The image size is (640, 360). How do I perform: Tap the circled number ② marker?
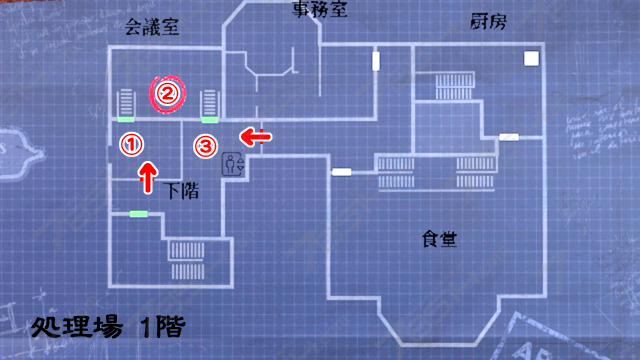click(x=167, y=94)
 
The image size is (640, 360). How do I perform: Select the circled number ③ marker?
click(x=204, y=146)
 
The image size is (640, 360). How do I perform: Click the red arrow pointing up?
click(x=147, y=177)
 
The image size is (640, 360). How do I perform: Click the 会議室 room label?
click(x=153, y=28)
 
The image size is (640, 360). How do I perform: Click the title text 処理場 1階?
click(x=105, y=325)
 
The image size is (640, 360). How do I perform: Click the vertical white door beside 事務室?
click(x=376, y=60)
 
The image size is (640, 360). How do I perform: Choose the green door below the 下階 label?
click(x=138, y=213)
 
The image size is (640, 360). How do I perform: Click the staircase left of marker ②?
click(x=126, y=102)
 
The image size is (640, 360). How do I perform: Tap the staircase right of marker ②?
click(x=209, y=102)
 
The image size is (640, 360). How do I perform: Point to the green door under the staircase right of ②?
click(x=210, y=119)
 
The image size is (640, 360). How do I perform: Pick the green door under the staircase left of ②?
click(x=126, y=119)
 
